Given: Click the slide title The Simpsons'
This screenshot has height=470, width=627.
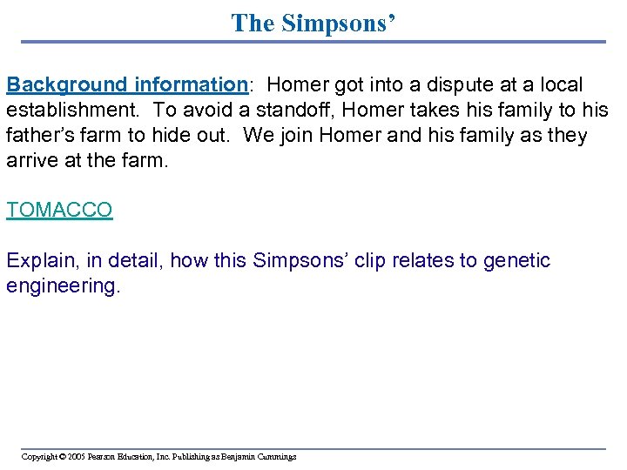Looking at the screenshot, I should click(x=313, y=23).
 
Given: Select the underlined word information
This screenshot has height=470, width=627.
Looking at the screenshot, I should click(x=191, y=85).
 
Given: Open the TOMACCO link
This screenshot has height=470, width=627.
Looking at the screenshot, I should click(x=59, y=210).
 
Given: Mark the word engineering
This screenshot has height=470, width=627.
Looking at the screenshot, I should click(x=62, y=286).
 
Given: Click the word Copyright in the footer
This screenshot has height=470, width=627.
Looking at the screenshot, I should click(x=39, y=456).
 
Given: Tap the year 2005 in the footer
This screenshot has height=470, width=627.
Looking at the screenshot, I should click(x=74, y=456).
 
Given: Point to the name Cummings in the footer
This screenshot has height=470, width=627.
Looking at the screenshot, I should click(x=276, y=456).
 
